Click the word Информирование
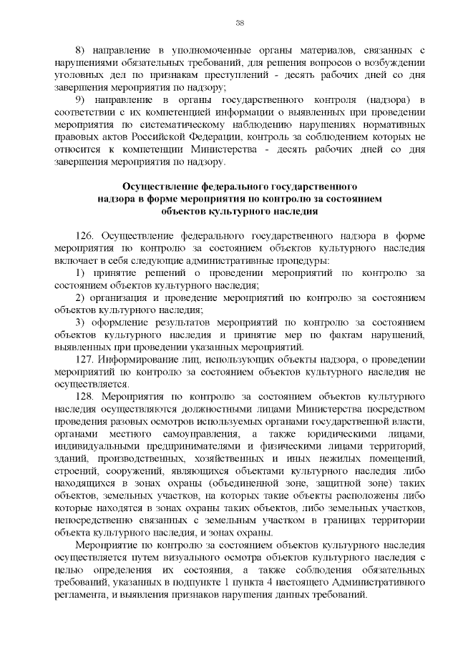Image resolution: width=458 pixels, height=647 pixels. (x=137, y=359)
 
